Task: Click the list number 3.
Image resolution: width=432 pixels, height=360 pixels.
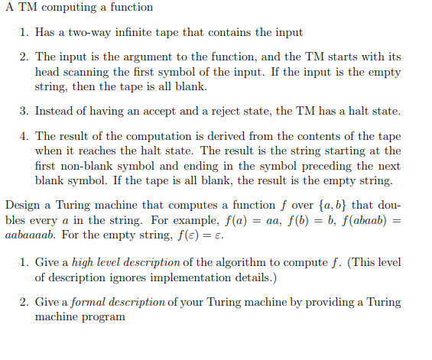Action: point(24,111)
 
